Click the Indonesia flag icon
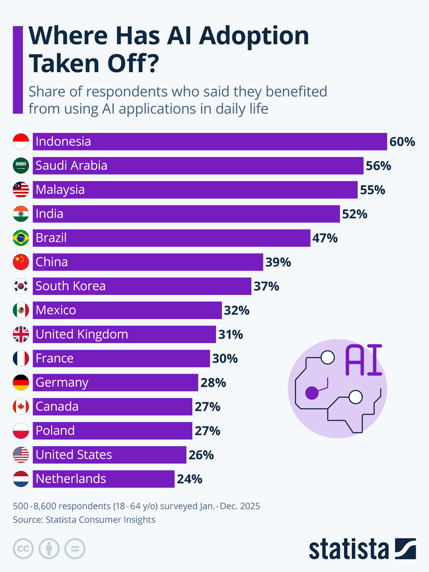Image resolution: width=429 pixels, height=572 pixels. tap(21, 142)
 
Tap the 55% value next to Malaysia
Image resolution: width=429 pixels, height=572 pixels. tap(373, 190)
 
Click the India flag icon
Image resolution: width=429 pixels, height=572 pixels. tap(21, 214)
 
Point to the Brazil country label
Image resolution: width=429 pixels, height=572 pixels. tap(51, 238)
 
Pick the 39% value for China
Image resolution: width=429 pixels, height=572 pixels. tap(278, 262)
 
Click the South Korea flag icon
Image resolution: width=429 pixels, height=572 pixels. tap(21, 286)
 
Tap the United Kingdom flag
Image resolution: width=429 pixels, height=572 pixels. tap(21, 334)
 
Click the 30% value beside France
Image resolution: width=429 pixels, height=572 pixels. tap(225, 359)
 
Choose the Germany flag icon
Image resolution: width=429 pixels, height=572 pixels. tap(21, 383)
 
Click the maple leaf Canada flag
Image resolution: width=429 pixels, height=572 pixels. tap(21, 406)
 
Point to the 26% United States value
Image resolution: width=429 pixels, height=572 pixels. tap(201, 455)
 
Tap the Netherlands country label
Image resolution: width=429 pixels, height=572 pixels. tap(71, 479)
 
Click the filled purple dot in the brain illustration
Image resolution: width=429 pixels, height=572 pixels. tap(312, 393)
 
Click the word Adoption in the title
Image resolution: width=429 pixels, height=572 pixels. tap(254, 36)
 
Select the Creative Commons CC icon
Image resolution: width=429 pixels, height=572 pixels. tap(23, 548)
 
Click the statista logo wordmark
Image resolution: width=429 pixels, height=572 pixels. tap(349, 549)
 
